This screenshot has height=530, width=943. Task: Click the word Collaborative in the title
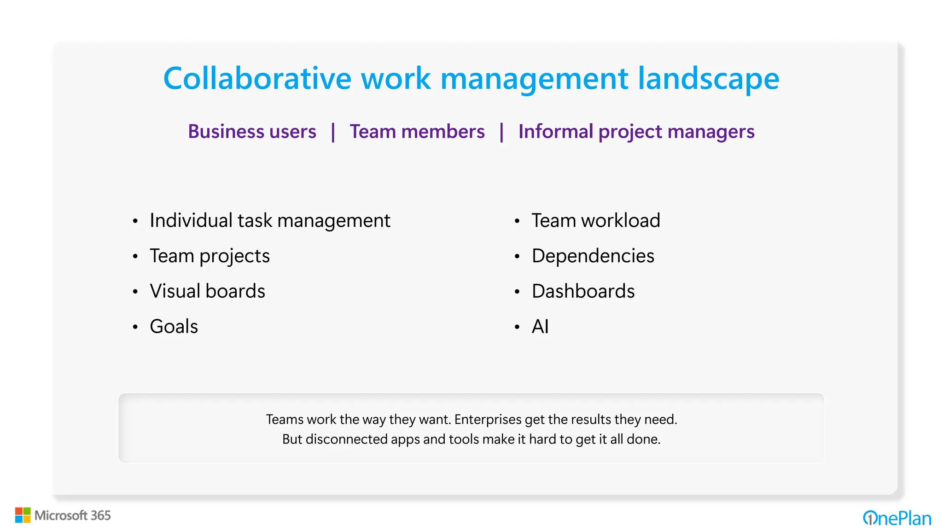click(x=256, y=78)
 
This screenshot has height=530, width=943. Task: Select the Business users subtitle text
click(x=252, y=132)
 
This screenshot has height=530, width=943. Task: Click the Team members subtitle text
click(x=417, y=132)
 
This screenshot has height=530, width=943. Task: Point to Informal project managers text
click(x=636, y=132)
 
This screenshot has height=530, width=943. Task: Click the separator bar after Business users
click(x=333, y=132)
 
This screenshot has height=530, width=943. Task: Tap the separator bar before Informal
click(x=501, y=132)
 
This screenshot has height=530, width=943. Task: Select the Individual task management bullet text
click(x=270, y=221)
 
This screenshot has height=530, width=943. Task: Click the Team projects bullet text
click(x=210, y=256)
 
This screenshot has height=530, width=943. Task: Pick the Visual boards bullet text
click(x=207, y=291)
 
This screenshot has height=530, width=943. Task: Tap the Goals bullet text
click(x=174, y=327)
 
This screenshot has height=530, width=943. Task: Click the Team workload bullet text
click(x=596, y=221)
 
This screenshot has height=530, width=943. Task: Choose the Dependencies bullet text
click(x=593, y=256)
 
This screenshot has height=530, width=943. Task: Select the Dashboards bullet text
click(x=583, y=291)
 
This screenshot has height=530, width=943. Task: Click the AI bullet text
click(x=540, y=327)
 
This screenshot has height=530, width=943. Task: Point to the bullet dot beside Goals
click(x=135, y=327)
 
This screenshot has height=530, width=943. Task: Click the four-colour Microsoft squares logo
click(x=23, y=515)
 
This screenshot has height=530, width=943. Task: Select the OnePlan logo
click(x=896, y=518)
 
